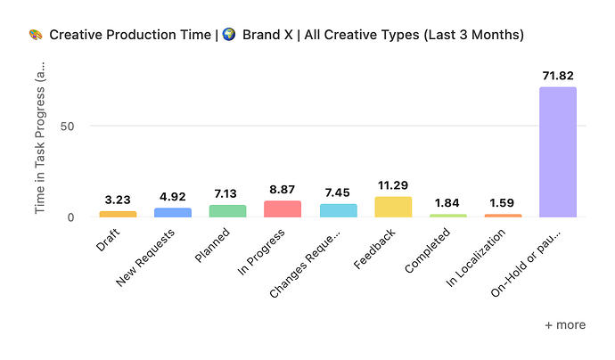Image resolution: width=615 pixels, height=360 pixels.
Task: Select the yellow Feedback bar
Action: click(x=393, y=207)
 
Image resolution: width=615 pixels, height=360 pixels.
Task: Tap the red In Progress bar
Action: click(x=283, y=209)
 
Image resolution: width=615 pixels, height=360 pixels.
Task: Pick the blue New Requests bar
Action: click(x=172, y=212)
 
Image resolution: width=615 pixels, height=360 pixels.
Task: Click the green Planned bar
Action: click(x=227, y=210)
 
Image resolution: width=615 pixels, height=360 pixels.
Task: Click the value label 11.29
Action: click(x=393, y=185)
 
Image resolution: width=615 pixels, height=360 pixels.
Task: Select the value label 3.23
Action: click(x=118, y=200)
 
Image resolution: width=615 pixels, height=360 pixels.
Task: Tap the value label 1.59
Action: click(x=504, y=203)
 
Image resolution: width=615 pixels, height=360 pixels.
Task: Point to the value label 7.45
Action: click(x=338, y=192)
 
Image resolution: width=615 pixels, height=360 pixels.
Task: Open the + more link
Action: click(x=565, y=325)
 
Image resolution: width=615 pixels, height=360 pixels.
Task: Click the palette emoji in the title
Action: click(x=36, y=35)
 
